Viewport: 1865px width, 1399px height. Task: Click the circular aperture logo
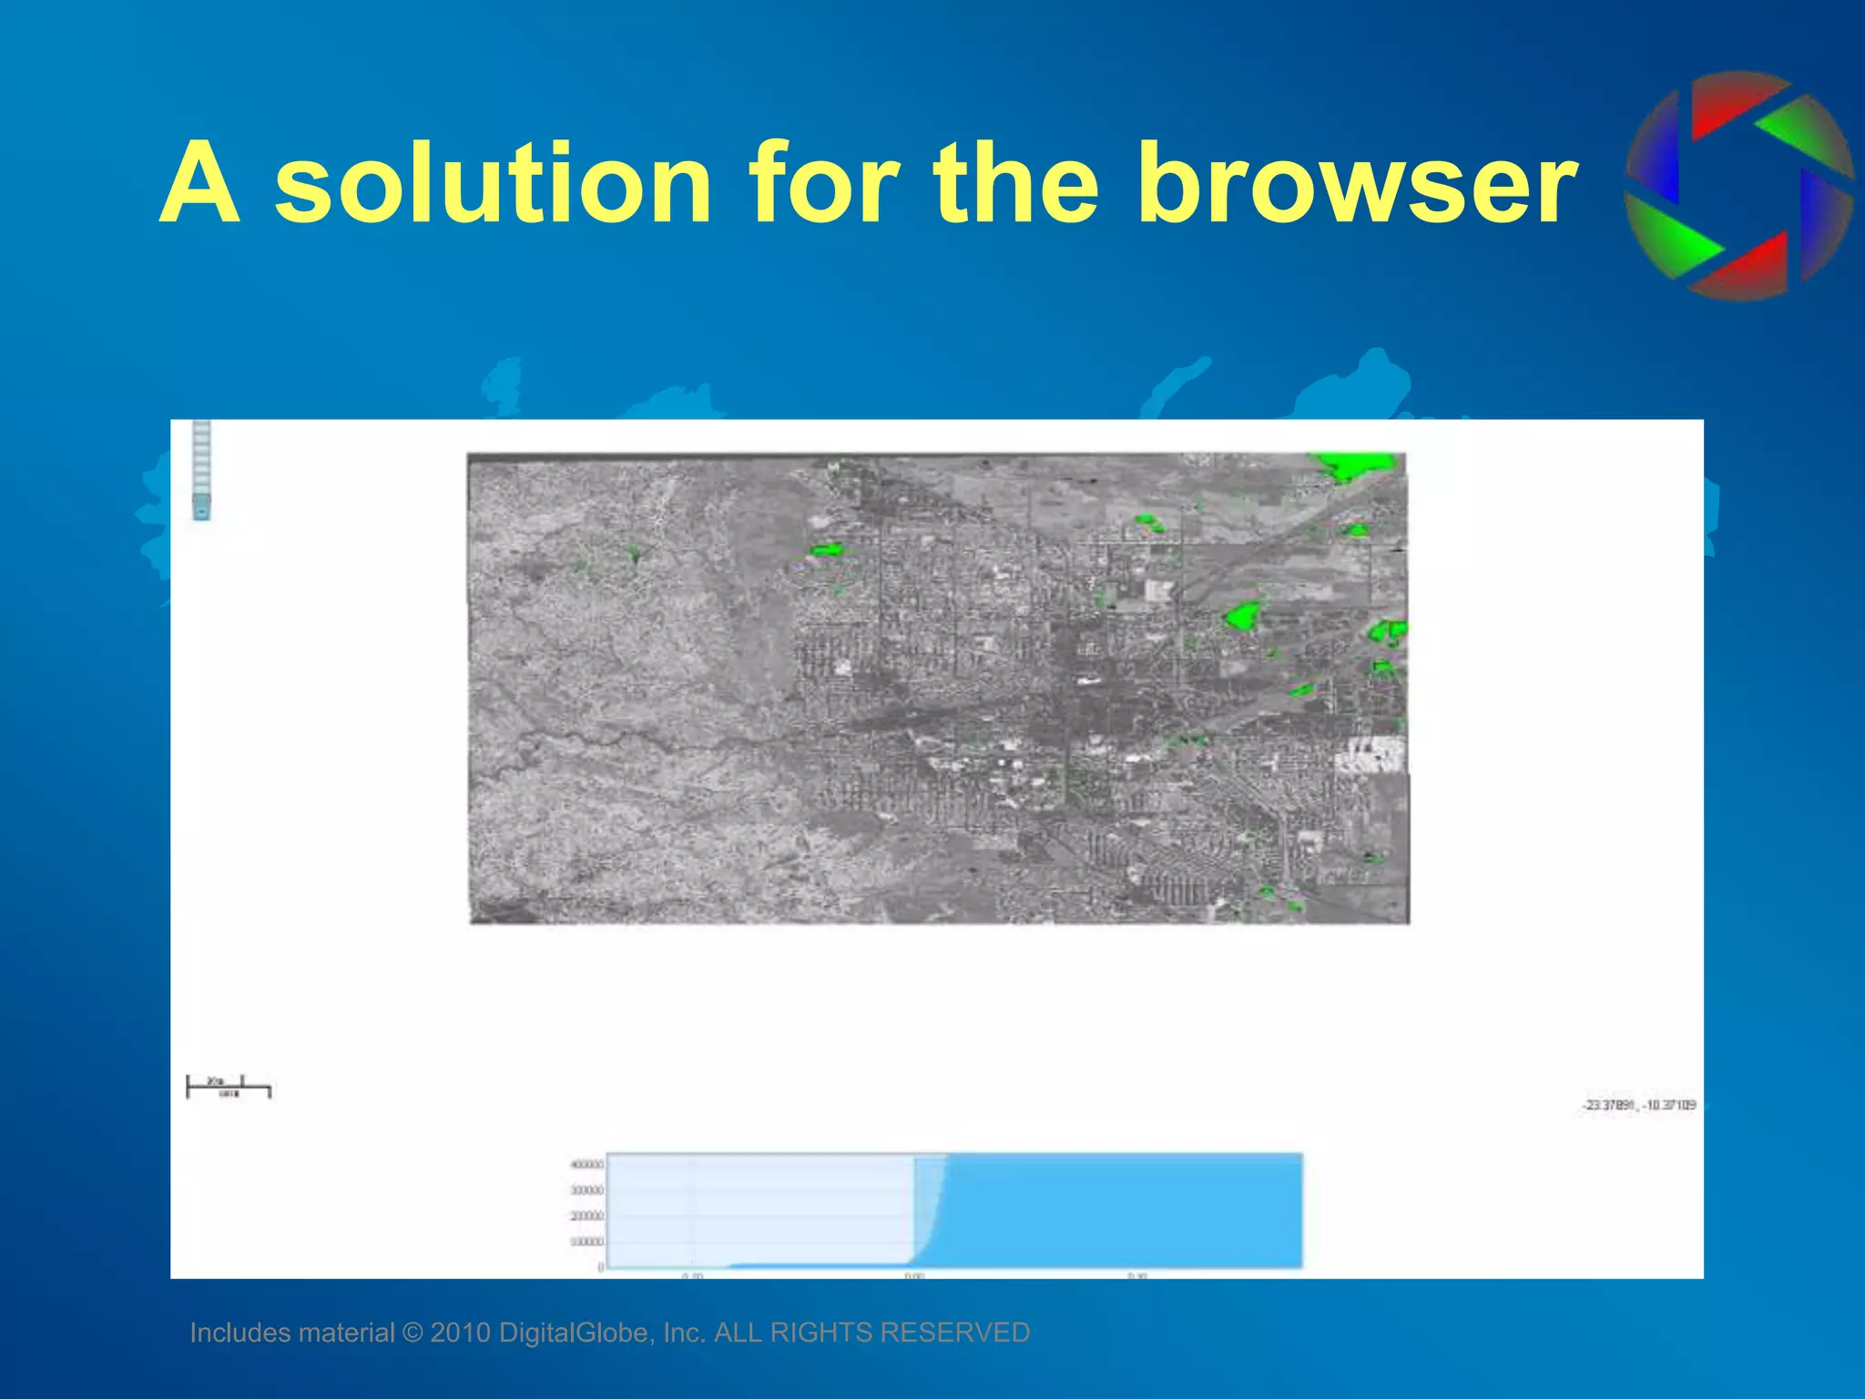pyautogui.click(x=1738, y=186)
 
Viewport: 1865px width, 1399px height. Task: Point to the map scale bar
pyautogui.click(x=229, y=1087)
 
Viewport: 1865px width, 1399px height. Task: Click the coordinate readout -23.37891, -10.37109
pyautogui.click(x=1639, y=1105)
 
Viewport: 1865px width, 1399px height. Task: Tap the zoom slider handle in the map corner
pyautogui.click(x=202, y=505)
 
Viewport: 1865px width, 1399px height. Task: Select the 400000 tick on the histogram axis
pyautogui.click(x=586, y=1165)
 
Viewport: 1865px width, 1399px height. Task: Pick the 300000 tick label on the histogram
pyautogui.click(x=586, y=1190)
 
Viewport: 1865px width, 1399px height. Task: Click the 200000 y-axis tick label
pyautogui.click(x=586, y=1216)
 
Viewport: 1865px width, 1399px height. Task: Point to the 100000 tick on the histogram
pyautogui.click(x=586, y=1241)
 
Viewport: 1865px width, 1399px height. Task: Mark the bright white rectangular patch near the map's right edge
pyautogui.click(x=1370, y=755)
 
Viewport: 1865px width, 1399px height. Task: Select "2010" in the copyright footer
pyautogui.click(x=460, y=1333)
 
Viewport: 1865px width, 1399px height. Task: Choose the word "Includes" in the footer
pyautogui.click(x=240, y=1333)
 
